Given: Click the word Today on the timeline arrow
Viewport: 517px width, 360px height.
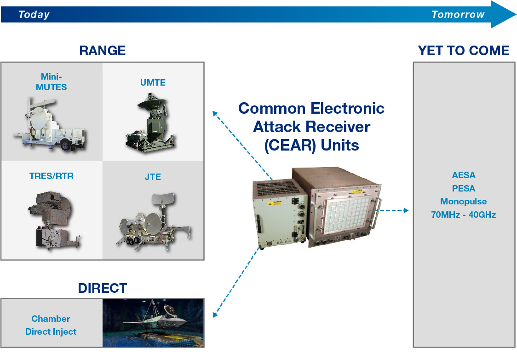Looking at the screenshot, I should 34,15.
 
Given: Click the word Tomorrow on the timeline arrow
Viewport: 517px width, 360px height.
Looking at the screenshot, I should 458,15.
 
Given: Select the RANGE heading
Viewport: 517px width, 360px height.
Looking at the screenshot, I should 102,51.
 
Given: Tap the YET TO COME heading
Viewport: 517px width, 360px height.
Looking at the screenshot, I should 463,51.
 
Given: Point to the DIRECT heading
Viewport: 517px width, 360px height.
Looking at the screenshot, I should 102,288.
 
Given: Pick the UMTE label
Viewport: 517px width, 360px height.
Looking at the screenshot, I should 153,83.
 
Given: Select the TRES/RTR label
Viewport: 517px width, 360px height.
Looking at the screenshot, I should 51,176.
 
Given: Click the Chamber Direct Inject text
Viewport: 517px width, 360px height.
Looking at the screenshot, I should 51,325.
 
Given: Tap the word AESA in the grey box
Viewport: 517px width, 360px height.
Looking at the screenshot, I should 463,175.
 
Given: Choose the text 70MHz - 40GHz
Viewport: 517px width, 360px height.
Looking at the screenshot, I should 463,215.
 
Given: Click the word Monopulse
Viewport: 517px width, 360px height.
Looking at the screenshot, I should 463,202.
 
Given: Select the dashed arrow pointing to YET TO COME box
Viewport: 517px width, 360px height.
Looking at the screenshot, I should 393,210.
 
